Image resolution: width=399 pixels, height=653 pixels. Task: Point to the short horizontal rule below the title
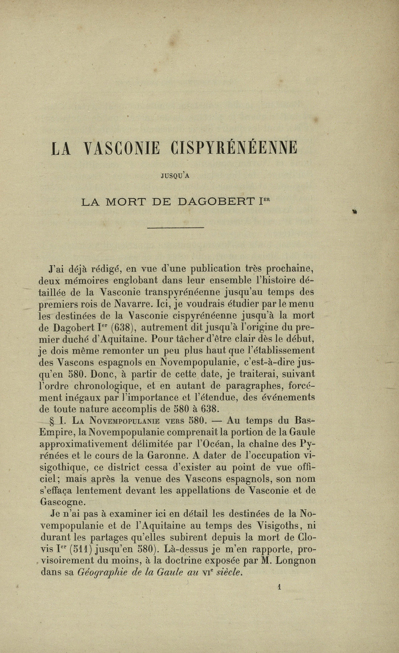click(x=176, y=228)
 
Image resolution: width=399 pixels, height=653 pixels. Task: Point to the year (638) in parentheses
click(x=124, y=327)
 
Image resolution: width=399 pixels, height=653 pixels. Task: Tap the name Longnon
click(x=296, y=560)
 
